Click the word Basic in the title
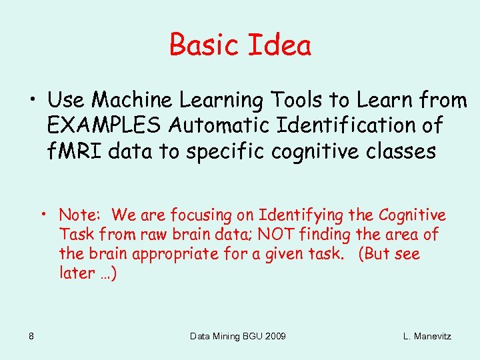coord(205,45)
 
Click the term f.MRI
coord(77,151)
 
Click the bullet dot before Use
coord(32,100)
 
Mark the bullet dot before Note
coord(43,215)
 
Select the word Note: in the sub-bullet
coord(79,215)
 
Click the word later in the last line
coord(75,273)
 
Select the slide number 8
coord(31,336)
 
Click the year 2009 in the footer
coord(275,336)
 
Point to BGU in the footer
coord(247,336)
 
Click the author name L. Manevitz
coord(427,336)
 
